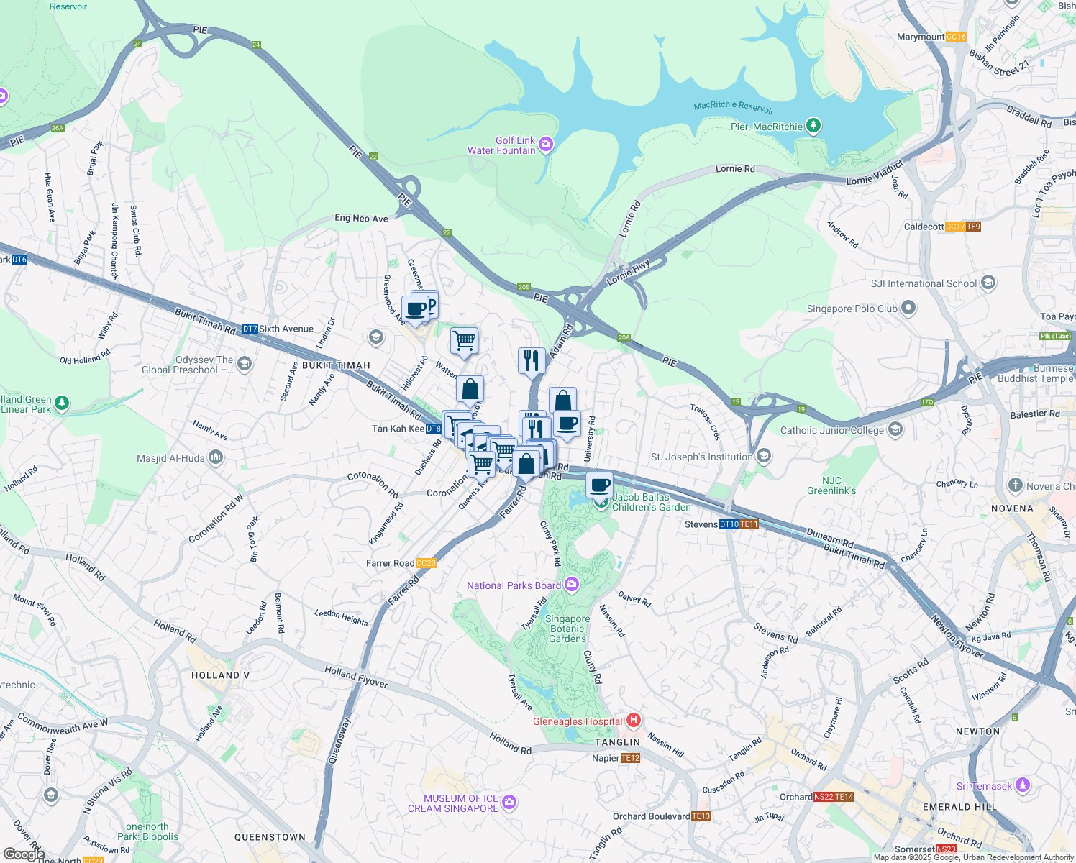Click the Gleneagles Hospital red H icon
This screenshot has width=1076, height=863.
pos(634,720)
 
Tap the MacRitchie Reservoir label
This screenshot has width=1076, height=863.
pos(734,107)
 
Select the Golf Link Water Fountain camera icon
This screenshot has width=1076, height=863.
pos(546,145)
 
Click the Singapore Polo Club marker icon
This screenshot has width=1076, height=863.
pos(908,309)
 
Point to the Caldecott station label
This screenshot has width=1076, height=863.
pos(924,227)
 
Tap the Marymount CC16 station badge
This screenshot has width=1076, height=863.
pos(956,37)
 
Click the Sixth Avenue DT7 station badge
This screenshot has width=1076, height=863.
pos(250,329)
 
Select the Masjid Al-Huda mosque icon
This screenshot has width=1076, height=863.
pos(216,457)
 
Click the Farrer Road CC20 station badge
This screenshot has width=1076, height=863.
pos(426,563)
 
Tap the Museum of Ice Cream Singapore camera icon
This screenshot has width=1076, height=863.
pos(509,801)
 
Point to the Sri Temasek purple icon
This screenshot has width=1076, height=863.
pos(1023,785)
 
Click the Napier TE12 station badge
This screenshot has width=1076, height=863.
pos(630,758)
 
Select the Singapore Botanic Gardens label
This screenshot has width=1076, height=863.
pos(567,629)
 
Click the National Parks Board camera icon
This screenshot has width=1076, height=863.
pos(572,584)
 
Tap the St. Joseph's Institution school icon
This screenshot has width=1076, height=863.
pos(764,456)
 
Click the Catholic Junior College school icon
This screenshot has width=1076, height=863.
pos(895,430)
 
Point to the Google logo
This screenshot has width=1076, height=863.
pos(24,854)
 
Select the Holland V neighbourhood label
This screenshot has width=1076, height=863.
pos(220,675)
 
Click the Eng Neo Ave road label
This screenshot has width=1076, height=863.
pos(361,218)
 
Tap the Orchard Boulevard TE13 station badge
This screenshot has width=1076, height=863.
pos(701,816)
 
